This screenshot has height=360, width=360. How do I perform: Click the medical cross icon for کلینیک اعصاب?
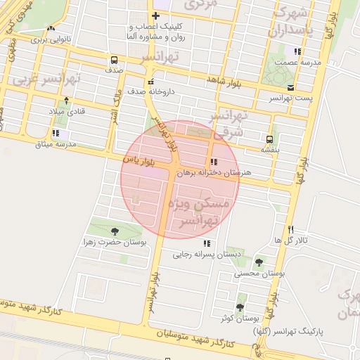155,15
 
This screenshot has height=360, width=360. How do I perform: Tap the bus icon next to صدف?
114,60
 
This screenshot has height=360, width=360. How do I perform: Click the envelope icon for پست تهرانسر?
290,87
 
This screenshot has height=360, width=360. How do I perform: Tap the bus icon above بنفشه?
269,139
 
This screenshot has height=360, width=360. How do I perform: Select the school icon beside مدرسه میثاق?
56,133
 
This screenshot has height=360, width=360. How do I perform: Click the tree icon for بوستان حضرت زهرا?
115,231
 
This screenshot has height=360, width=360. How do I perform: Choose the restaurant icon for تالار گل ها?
290,230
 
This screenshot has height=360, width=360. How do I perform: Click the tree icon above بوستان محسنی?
259,262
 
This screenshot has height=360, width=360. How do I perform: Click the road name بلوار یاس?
139,160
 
